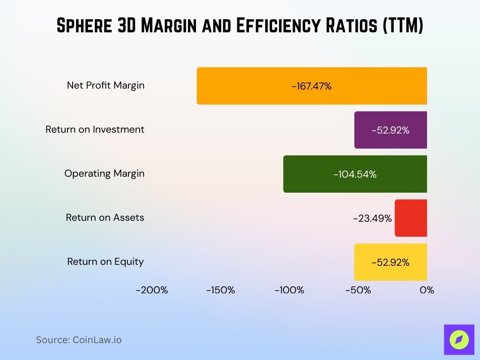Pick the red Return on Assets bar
click(411, 218)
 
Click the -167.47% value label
click(311, 86)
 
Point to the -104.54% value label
click(355, 174)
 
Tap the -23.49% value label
click(372, 218)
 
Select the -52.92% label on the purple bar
click(390, 130)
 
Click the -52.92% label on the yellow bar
click(390, 262)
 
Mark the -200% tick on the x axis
click(152, 290)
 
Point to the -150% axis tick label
click(221, 290)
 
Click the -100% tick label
click(289, 290)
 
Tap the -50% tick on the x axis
click(358, 290)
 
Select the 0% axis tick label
click(427, 290)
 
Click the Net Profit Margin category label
click(105, 85)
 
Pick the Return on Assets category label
click(105, 217)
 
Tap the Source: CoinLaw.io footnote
click(79, 340)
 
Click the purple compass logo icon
click(459, 339)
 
